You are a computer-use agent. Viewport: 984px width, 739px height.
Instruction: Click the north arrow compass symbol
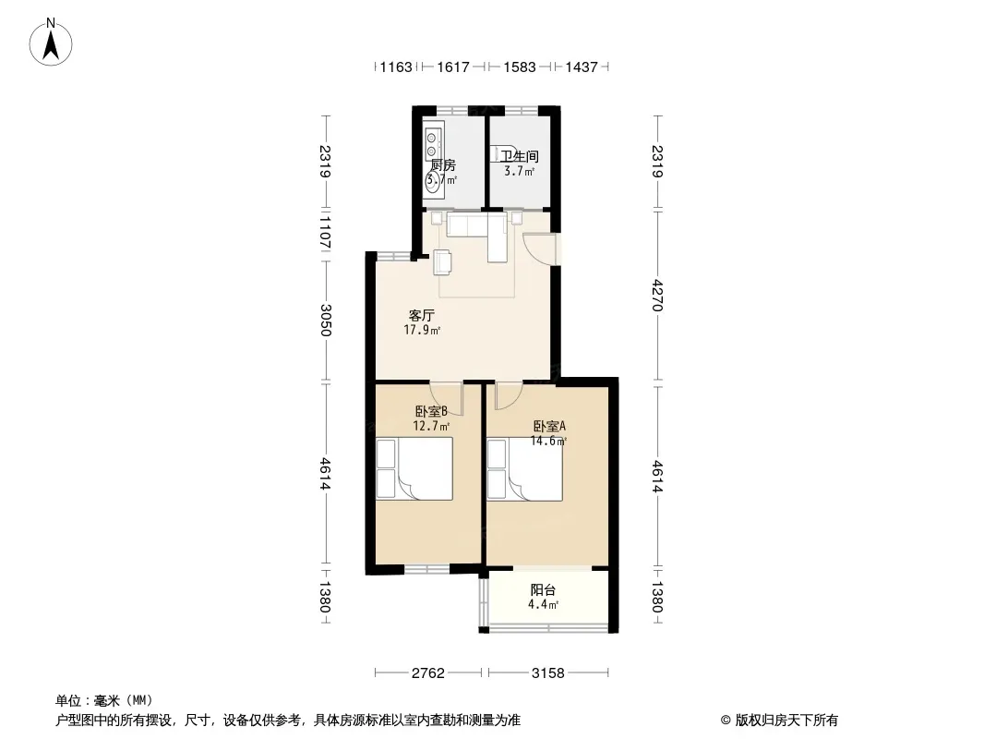click(51, 42)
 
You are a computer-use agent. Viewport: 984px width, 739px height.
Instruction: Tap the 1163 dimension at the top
click(396, 67)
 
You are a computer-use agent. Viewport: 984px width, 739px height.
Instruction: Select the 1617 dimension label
click(453, 67)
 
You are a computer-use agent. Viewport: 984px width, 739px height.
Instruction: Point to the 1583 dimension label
click(520, 67)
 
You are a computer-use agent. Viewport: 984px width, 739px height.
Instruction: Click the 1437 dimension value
click(582, 67)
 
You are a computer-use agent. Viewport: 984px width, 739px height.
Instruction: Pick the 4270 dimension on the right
click(656, 295)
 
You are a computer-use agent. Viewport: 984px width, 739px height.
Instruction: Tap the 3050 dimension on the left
click(325, 320)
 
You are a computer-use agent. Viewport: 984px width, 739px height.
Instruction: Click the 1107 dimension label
click(325, 232)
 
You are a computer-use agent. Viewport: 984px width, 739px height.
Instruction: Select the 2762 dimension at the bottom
click(428, 673)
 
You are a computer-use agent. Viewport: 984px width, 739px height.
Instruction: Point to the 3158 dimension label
click(548, 673)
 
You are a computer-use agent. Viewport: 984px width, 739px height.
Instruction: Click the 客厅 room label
click(421, 315)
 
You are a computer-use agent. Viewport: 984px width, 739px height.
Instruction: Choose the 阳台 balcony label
click(543, 590)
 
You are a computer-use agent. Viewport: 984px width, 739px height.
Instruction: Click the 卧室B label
click(431, 412)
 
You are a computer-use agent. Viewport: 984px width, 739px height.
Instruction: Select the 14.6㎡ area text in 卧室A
click(548, 441)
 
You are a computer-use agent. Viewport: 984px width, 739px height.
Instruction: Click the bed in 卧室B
click(414, 469)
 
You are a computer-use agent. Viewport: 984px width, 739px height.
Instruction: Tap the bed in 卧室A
click(524, 469)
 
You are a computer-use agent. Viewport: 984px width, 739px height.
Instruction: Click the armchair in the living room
click(443, 261)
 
